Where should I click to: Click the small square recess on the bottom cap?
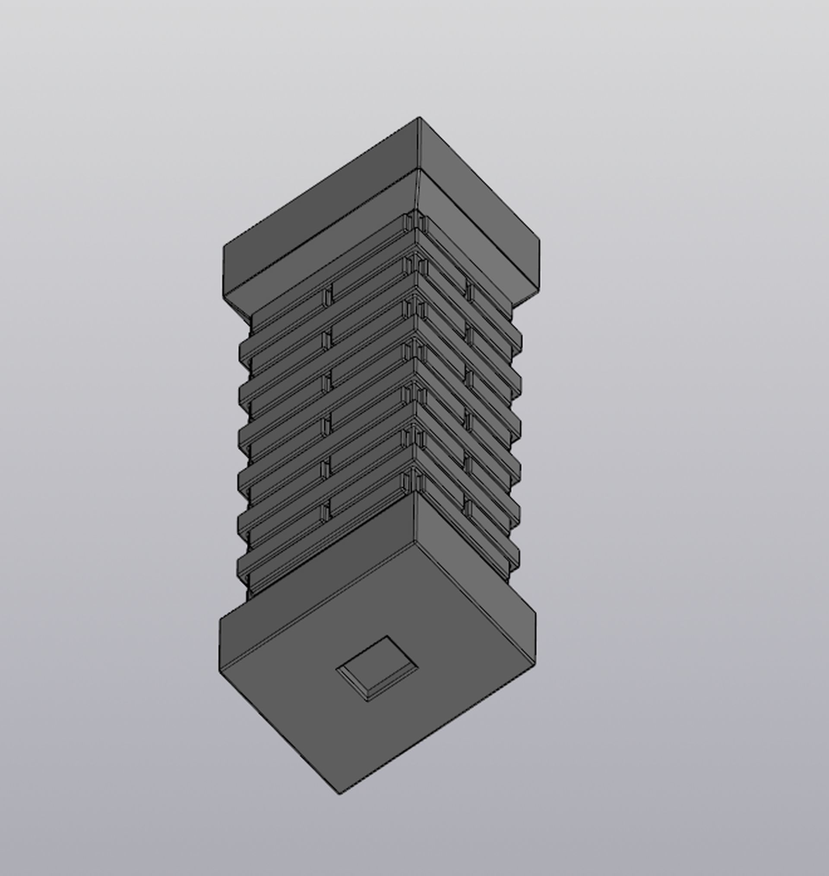click(x=377, y=668)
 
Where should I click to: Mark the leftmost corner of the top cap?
click(x=224, y=247)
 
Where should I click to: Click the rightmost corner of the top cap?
click(x=539, y=241)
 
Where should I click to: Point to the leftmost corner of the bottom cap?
click(x=220, y=618)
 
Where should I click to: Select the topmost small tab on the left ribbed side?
click(x=327, y=296)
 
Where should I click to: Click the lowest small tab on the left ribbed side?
click(x=325, y=512)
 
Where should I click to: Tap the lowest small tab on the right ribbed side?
click(x=468, y=509)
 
